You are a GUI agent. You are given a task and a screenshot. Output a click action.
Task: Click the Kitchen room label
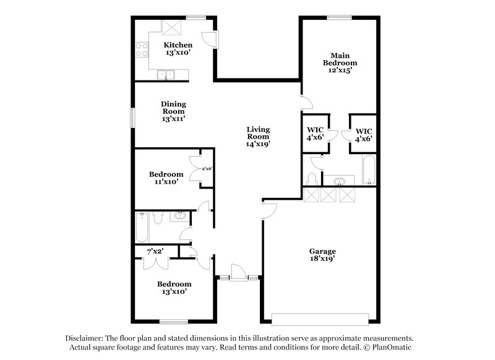point(178,45)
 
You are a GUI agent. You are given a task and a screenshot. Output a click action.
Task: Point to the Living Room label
point(258,133)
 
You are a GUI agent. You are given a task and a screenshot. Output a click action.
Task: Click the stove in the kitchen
point(141,49)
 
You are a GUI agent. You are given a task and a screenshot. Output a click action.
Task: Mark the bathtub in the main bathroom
point(368,170)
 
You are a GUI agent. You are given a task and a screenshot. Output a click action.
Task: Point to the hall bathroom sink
point(179,216)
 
